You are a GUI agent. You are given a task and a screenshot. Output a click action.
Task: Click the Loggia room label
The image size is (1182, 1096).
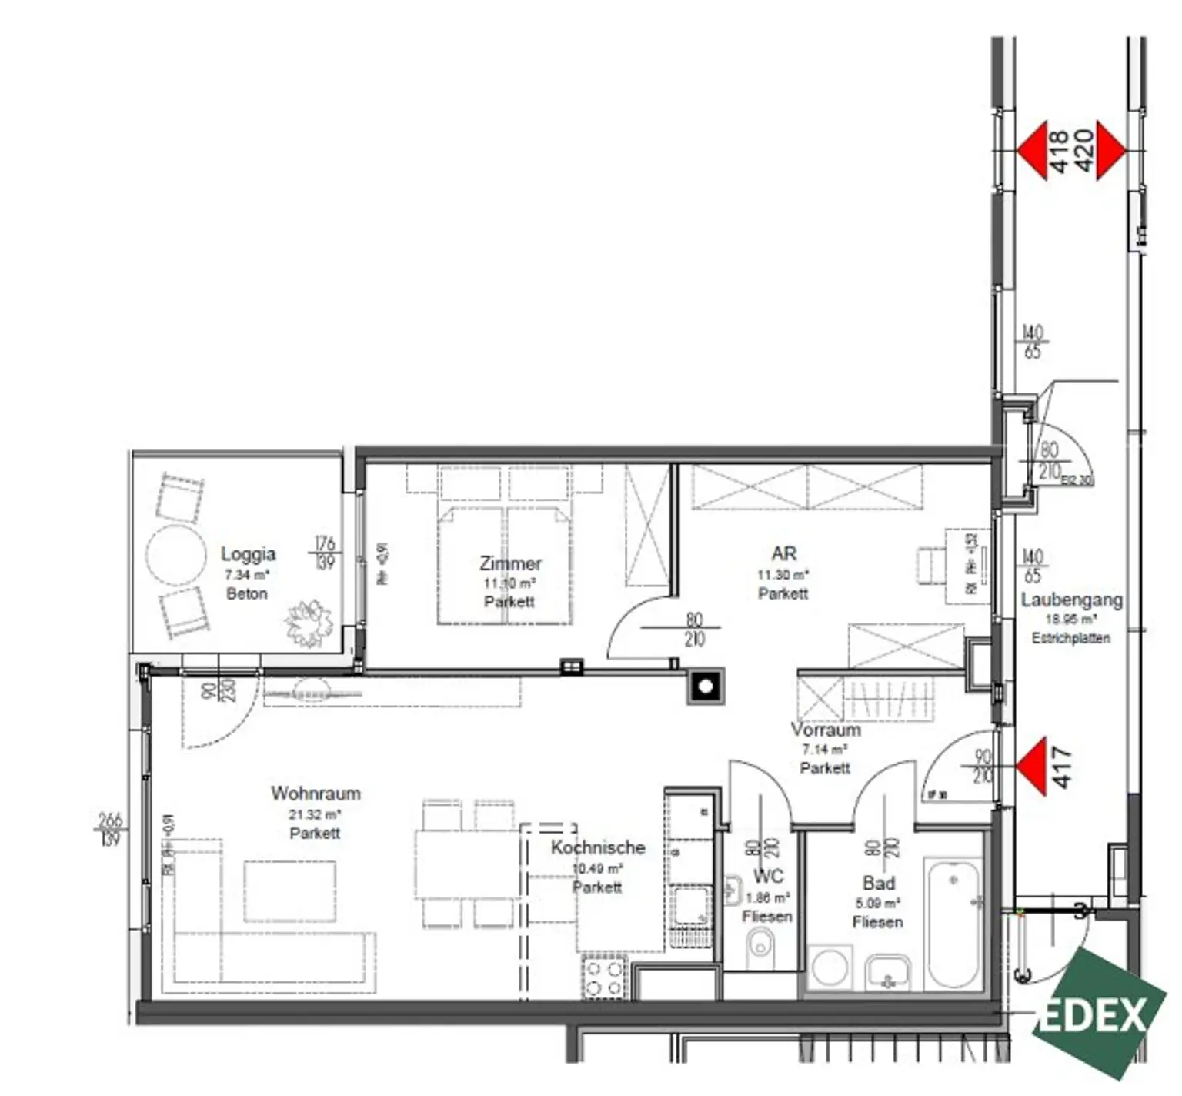coord(247,553)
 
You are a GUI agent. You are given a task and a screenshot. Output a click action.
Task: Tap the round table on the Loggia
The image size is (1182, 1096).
coord(176,555)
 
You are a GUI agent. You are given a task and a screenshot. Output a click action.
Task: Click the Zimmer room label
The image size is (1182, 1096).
coord(509,563)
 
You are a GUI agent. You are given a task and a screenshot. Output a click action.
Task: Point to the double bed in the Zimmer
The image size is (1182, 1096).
coord(504,566)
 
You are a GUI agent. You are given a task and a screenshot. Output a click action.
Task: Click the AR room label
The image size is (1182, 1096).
coord(783,553)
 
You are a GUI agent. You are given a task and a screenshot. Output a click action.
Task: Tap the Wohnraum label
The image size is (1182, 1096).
coord(315,793)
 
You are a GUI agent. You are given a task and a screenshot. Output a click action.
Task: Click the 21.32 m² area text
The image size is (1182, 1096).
coord(315,814)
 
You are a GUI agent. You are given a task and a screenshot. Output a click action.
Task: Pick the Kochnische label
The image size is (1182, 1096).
coord(597,847)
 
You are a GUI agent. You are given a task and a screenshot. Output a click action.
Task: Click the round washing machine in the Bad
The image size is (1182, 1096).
coord(830,967)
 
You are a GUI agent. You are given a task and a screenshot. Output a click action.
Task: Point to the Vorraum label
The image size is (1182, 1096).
coord(825,730)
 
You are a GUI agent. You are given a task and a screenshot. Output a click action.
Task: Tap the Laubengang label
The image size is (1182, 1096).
coord(1071,600)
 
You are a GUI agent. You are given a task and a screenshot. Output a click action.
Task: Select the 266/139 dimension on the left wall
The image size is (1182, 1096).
coord(110,829)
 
